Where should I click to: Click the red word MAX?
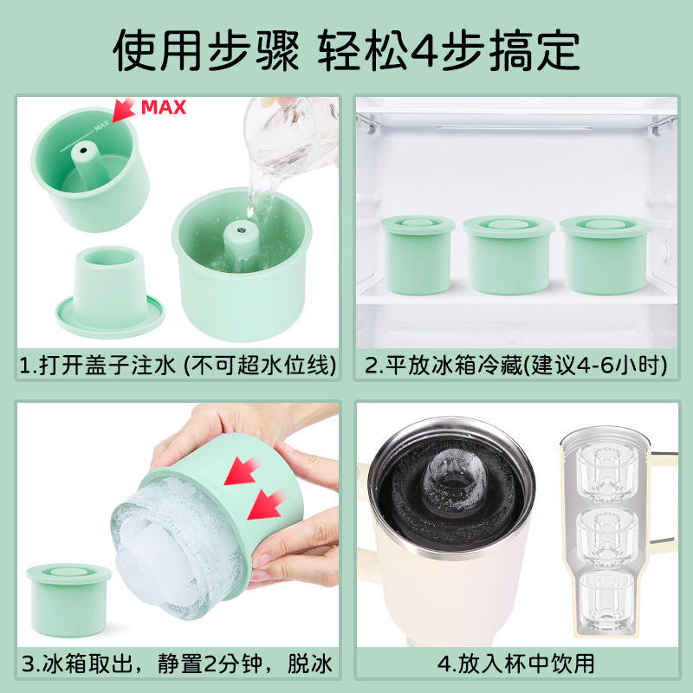pos(164,107)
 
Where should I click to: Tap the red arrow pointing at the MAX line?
pos(123,110)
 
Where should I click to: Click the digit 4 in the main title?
pos(424,51)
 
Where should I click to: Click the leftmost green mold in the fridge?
pos(418,255)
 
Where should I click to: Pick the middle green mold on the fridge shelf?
pos(508,255)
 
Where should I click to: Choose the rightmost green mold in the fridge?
pos(605,255)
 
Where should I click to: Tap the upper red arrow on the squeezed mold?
pos(241,470)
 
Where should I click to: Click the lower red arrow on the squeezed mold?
pos(265,505)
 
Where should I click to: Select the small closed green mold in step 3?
pos(68,599)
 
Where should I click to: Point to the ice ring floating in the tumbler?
pos(453,480)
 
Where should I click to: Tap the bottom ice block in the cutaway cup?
pos(606,601)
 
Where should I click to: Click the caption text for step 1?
pos(178,366)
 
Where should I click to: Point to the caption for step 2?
pos(515,366)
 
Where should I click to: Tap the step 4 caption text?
pos(515,664)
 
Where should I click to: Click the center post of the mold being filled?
pos(241,246)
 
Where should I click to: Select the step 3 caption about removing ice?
pos(177,664)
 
